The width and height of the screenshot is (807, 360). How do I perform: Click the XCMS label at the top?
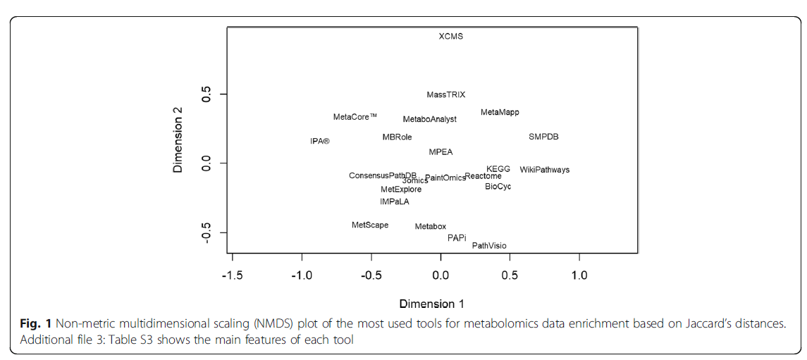click(x=451, y=36)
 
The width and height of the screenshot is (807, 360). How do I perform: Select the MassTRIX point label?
click(x=446, y=94)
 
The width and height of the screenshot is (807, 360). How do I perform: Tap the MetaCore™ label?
click(x=355, y=117)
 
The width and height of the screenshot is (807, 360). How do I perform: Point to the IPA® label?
click(x=320, y=141)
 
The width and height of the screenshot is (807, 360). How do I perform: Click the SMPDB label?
click(x=543, y=137)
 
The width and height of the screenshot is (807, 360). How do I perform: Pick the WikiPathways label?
click(x=545, y=170)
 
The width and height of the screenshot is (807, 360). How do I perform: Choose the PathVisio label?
click(x=489, y=246)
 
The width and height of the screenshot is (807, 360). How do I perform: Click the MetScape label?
click(x=370, y=225)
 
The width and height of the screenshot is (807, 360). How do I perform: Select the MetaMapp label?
click(x=500, y=113)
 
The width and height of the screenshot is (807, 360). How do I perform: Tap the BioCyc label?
click(x=498, y=187)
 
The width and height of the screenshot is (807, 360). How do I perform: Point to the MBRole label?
click(x=397, y=137)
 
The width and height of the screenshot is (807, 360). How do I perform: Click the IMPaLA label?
click(x=394, y=201)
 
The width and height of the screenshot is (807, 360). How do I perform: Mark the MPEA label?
click(x=441, y=152)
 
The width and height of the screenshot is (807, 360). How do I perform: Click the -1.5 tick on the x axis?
click(x=233, y=275)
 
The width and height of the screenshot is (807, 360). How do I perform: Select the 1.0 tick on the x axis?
click(x=579, y=275)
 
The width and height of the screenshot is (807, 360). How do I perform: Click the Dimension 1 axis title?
click(x=431, y=304)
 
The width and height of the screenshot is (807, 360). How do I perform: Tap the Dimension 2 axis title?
click(x=178, y=139)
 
